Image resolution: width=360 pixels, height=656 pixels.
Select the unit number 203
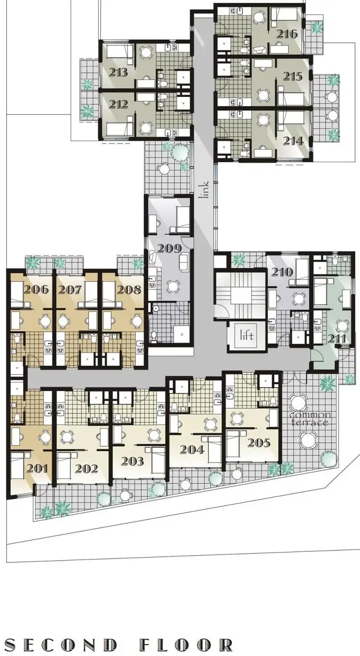[x=132, y=461]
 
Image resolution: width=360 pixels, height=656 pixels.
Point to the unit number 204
[x=192, y=450]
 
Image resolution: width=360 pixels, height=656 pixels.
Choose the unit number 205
[x=260, y=442]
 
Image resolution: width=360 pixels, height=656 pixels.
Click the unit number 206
[x=36, y=289]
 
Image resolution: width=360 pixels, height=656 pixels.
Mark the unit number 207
[x=71, y=289]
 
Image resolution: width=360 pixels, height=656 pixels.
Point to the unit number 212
[x=118, y=104]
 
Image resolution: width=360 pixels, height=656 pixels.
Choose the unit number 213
[x=118, y=72]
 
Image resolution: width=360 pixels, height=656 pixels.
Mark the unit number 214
[x=293, y=141]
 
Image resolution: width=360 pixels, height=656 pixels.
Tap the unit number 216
[x=290, y=34]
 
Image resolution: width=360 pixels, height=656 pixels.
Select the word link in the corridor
[x=205, y=190]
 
